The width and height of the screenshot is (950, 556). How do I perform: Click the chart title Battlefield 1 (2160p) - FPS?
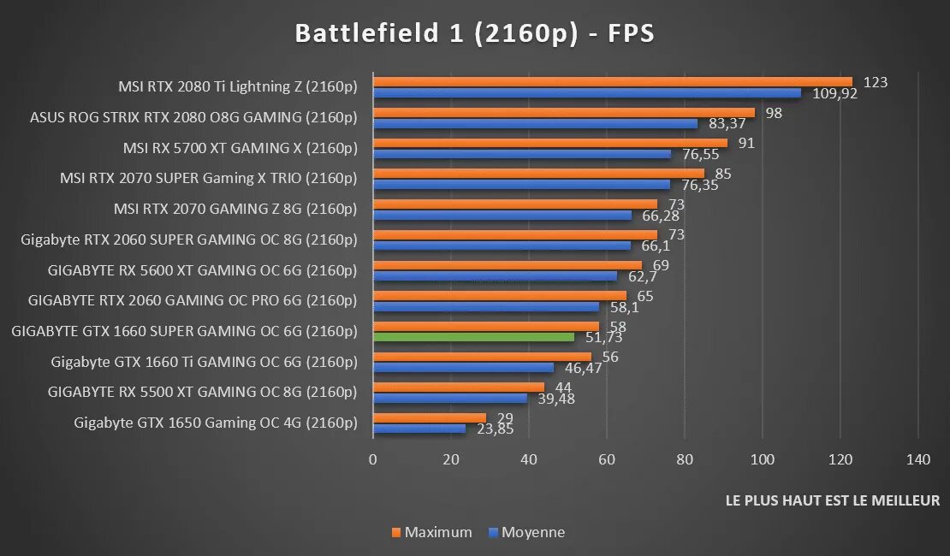pos(474,33)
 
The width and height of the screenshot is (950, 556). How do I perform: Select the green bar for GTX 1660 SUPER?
pos(473,337)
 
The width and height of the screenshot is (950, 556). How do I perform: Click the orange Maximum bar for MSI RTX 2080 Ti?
pos(613,82)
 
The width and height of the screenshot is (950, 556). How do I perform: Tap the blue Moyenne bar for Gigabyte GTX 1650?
pos(419,429)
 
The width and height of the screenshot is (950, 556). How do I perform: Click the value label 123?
pos(876,82)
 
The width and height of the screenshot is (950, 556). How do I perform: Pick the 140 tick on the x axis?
pos(918,459)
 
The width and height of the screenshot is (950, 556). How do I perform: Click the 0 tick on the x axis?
pos(373,459)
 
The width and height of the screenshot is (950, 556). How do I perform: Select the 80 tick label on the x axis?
pos(685,459)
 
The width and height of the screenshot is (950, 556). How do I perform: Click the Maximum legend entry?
pos(431,532)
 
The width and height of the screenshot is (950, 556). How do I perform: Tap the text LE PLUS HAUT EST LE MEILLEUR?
pos(832,500)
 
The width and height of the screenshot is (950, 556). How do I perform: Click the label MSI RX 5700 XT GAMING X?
pos(240,148)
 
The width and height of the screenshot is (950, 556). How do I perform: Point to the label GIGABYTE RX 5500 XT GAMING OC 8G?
pos(202,392)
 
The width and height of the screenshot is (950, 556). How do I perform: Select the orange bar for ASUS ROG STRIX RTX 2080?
pos(564,113)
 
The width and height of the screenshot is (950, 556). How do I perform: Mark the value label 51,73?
pos(603,337)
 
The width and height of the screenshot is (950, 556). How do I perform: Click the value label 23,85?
pos(494,429)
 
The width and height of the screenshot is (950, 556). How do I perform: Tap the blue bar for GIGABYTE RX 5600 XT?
pos(495,276)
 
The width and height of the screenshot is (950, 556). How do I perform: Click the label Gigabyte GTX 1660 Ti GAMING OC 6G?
pos(204,361)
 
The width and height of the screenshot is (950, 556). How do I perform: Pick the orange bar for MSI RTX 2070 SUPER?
pos(538,174)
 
